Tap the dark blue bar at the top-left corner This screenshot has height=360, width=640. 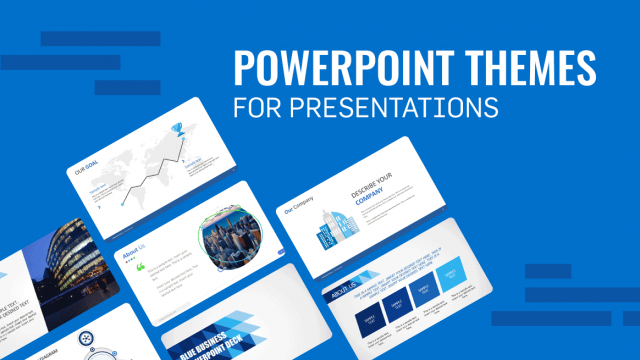[x=100, y=39]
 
